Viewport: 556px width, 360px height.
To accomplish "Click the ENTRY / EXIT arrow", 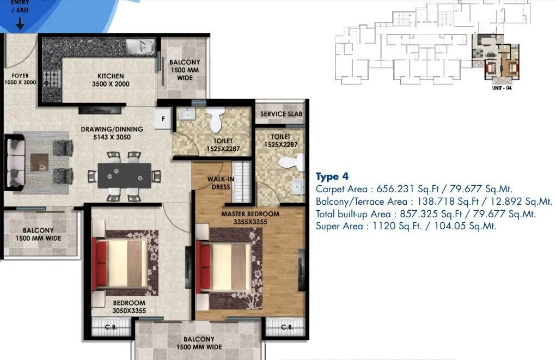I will click(20, 23).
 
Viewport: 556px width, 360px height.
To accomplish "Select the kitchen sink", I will click(140, 47).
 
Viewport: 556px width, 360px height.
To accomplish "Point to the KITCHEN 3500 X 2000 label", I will click(111, 80).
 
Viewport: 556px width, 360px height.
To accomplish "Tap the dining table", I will click(124, 175).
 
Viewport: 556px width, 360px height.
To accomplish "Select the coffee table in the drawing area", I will click(39, 162).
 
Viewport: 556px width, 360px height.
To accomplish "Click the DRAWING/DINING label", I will click(112, 133).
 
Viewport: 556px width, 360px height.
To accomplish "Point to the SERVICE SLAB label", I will click(281, 114).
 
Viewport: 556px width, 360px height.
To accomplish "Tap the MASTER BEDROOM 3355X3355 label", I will click(250, 218).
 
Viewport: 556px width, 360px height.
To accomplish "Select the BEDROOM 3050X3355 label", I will click(129, 307).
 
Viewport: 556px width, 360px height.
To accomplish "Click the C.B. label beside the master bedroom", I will click(287, 327).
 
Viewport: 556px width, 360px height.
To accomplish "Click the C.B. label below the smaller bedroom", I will click(112, 327).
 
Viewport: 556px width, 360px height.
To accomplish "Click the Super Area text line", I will click(406, 226).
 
